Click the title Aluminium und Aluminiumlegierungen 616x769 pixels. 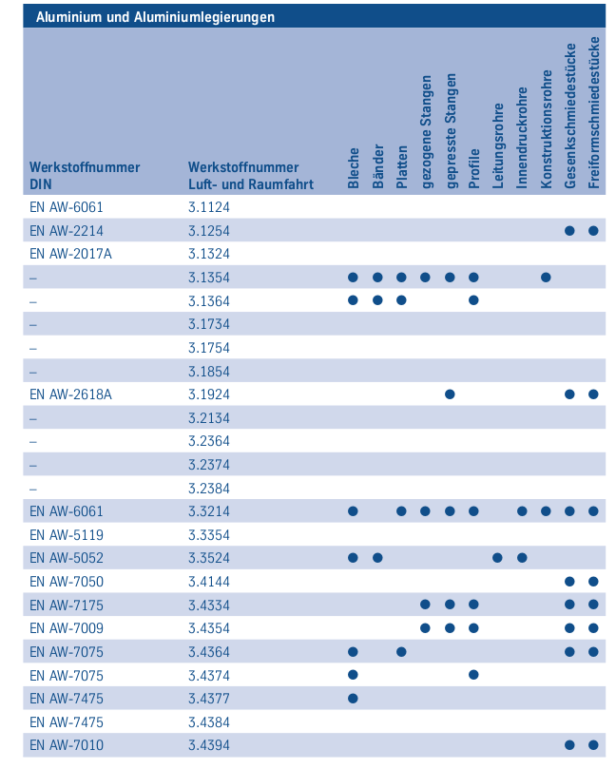(155, 16)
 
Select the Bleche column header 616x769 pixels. (354, 168)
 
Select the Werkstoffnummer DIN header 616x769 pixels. (85, 176)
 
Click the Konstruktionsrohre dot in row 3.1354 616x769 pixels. (546, 278)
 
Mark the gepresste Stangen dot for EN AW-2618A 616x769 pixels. (450, 394)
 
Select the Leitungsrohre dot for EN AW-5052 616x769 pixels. (498, 557)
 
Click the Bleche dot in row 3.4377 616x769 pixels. (353, 698)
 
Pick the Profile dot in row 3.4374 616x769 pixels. (473, 675)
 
